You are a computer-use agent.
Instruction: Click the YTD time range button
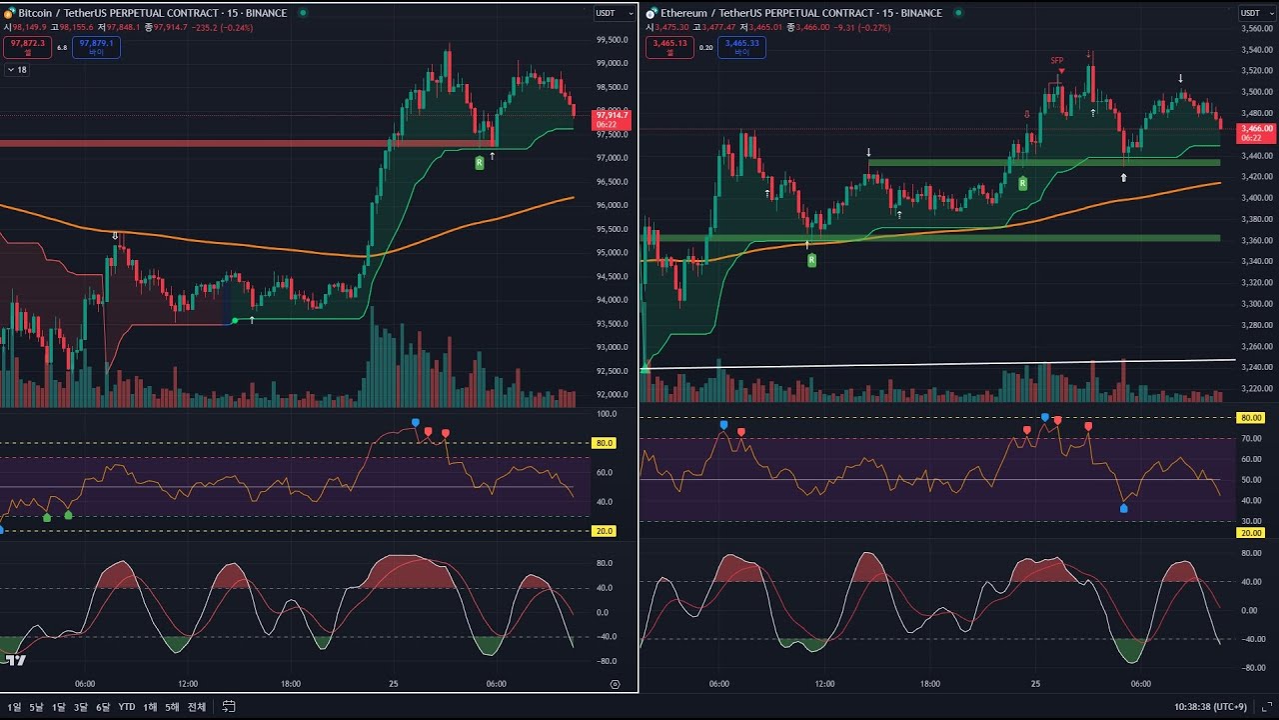click(x=127, y=707)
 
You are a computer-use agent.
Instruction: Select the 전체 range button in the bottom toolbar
click(x=197, y=707)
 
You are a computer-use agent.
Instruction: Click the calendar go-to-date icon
click(x=229, y=707)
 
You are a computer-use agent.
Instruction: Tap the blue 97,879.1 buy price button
click(x=97, y=47)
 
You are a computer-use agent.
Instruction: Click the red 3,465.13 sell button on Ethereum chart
click(x=669, y=47)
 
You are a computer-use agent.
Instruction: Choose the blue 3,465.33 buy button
click(x=741, y=47)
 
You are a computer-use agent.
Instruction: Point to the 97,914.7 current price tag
click(x=612, y=119)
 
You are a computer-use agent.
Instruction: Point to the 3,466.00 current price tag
click(x=1256, y=132)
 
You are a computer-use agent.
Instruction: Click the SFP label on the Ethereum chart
click(x=1057, y=61)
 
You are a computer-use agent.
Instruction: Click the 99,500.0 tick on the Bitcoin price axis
click(x=612, y=40)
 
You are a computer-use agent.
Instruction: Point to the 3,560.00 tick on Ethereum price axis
click(x=1256, y=28)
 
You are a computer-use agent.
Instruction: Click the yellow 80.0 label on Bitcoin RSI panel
click(x=604, y=443)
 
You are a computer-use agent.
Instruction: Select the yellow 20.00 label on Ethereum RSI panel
click(x=1251, y=533)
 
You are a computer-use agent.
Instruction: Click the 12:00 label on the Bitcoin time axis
click(x=188, y=684)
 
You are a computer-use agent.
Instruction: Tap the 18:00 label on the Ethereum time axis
click(x=930, y=684)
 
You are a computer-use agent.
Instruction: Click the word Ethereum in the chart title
click(x=684, y=13)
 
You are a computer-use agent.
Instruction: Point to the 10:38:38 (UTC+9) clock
click(x=1210, y=707)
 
